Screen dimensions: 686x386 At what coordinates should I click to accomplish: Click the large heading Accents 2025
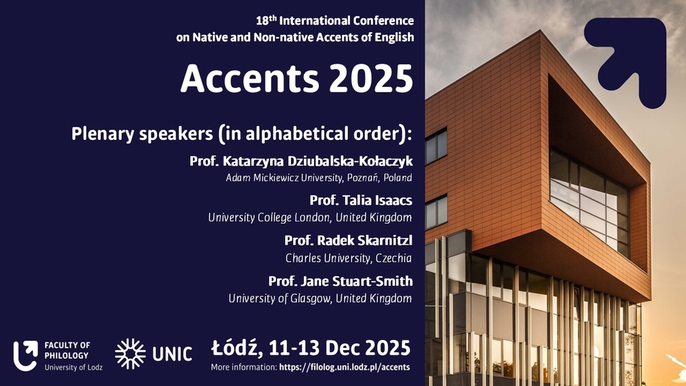click(x=296, y=79)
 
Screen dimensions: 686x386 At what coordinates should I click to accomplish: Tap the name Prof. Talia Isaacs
click(x=361, y=200)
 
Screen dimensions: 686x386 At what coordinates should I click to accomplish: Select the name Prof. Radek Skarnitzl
click(x=348, y=241)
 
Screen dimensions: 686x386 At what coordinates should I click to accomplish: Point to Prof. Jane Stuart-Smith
click(x=340, y=280)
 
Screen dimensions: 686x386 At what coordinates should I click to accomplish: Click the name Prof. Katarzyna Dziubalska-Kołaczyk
click(x=301, y=161)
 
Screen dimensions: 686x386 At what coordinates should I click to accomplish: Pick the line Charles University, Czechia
click(x=348, y=258)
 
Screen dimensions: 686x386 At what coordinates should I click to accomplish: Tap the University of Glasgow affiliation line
click(x=320, y=298)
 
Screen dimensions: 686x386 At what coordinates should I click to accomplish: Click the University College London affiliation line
click(x=310, y=217)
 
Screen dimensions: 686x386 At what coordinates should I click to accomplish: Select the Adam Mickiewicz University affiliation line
click(x=319, y=178)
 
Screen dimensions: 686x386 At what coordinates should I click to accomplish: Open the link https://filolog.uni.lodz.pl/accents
click(x=344, y=367)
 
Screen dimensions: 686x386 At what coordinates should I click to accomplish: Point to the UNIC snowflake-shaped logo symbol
click(x=130, y=354)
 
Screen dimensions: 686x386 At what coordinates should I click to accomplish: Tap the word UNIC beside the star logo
click(x=172, y=354)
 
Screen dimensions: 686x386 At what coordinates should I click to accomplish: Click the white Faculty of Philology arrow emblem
click(x=25, y=355)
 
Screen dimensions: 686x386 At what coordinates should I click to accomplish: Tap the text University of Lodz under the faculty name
click(x=73, y=367)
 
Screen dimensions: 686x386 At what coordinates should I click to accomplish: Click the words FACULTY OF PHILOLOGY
click(x=67, y=350)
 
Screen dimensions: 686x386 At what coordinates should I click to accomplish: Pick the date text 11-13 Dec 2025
click(x=340, y=348)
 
